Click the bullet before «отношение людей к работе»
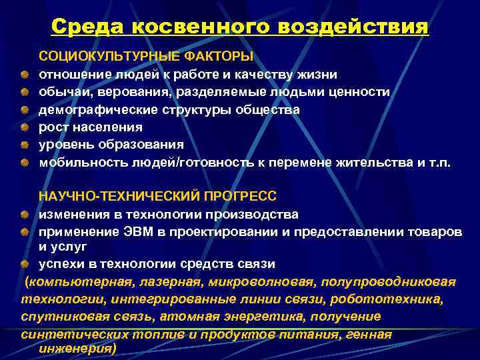(x=23, y=75)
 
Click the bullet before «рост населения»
(x=23, y=127)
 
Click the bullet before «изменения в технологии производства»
(x=23, y=215)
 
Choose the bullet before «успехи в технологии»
(x=23, y=264)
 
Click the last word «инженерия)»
(x=77, y=348)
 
